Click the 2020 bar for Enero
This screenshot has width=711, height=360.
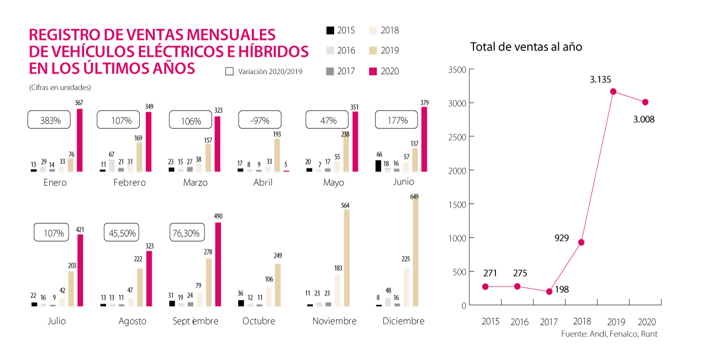pyautogui.click(x=80, y=140)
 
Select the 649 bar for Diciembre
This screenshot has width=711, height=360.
pyautogui.click(x=415, y=251)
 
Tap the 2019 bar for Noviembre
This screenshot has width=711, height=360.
pyautogui.click(x=347, y=258)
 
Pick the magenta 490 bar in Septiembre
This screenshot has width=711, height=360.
pyautogui.click(x=218, y=264)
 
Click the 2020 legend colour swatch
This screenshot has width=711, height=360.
pyautogui.click(x=373, y=71)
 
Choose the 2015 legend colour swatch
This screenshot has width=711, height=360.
pyautogui.click(x=330, y=31)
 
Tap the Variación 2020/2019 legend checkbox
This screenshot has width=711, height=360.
pyautogui.click(x=230, y=71)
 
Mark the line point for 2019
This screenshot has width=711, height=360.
pyautogui.click(x=613, y=91)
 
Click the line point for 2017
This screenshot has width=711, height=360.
pyautogui.click(x=549, y=291)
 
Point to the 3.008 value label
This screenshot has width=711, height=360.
pyautogui.click(x=643, y=119)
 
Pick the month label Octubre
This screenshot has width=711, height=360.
pyautogui.click(x=259, y=321)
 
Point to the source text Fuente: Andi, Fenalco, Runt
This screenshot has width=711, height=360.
pyautogui.click(x=609, y=335)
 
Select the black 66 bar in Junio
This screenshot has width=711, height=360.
pyautogui.click(x=378, y=166)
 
